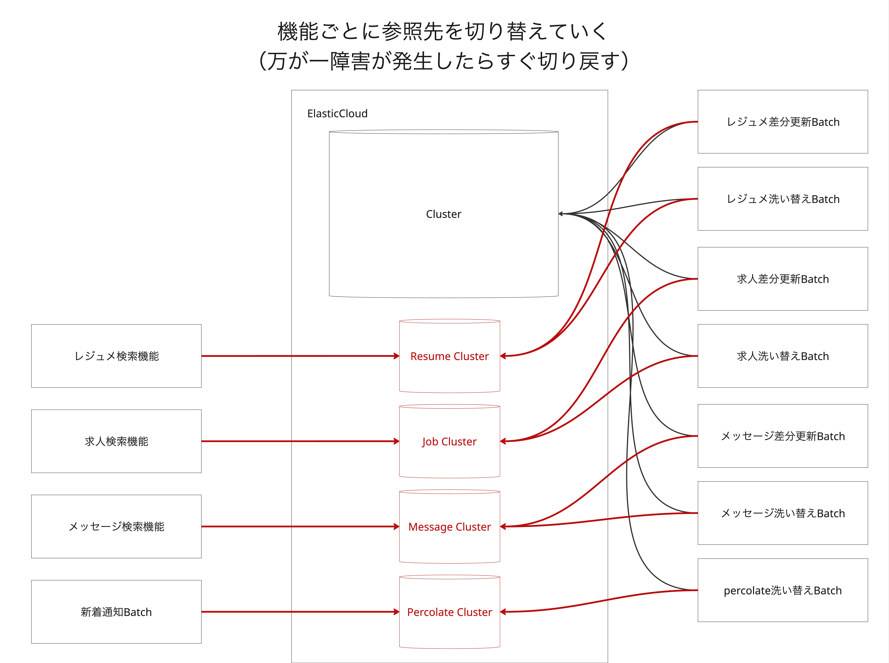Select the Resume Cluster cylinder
click(449, 356)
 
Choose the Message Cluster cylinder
click(449, 527)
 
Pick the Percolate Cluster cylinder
click(449, 612)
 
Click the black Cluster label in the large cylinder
click(443, 214)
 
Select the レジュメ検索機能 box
click(116, 356)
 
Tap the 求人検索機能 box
click(116, 441)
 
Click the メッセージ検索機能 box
click(116, 527)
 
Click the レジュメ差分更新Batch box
click(783, 122)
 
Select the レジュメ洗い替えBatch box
click(783, 199)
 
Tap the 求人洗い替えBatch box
click(783, 356)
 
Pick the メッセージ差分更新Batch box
click(783, 436)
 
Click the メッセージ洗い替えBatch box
click(783, 513)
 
